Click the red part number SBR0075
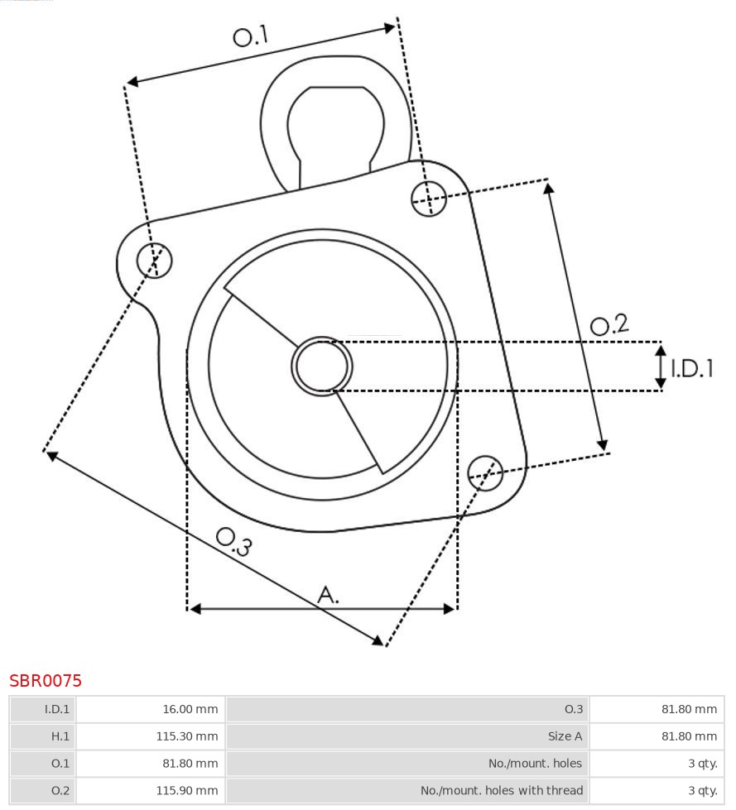point(46,681)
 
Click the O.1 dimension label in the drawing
point(251,36)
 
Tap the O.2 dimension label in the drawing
point(609,325)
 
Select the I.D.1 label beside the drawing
point(692,368)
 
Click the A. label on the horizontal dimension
point(329,594)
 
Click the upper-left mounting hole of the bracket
point(154,261)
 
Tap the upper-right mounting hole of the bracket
point(429,198)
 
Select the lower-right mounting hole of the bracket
point(485,472)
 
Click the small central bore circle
point(322,366)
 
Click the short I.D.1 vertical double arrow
point(661,367)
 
